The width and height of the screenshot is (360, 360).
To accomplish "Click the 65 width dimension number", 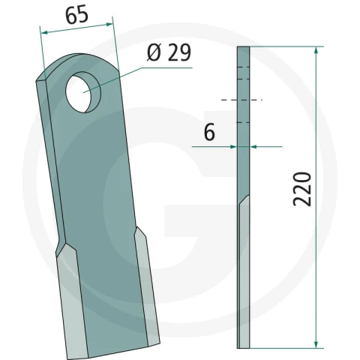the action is [x=76, y=15].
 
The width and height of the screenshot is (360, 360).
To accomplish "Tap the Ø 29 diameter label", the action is [x=169, y=52].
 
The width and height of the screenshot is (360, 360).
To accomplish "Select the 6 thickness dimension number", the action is [x=209, y=132].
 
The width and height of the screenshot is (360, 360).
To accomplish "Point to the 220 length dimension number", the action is [x=302, y=189].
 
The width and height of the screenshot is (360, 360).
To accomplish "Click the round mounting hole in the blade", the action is [x=83, y=92].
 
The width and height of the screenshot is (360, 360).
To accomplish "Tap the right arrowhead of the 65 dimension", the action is [x=109, y=24].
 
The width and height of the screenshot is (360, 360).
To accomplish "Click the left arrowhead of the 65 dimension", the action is [x=44, y=32].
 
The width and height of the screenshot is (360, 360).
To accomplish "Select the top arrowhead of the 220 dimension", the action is [x=316, y=50].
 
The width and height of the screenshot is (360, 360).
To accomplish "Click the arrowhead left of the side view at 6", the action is [x=233, y=147].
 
